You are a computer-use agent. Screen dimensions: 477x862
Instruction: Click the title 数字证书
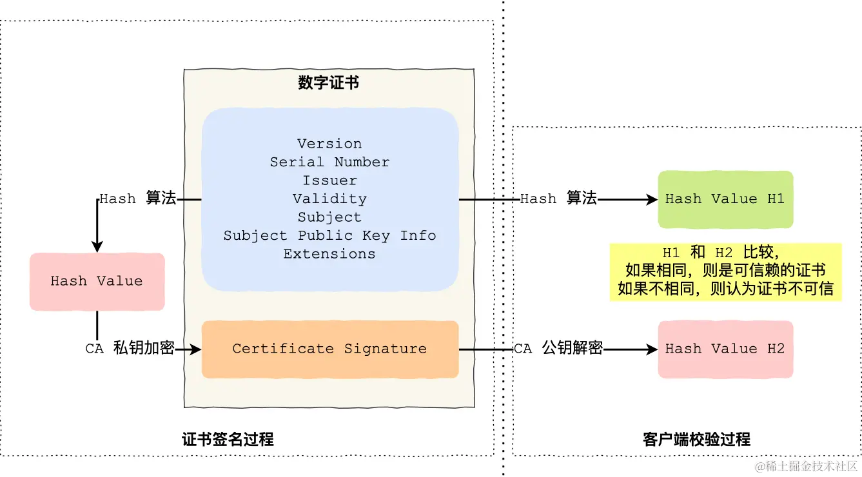[329, 83]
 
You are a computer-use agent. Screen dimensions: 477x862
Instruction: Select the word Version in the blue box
[329, 144]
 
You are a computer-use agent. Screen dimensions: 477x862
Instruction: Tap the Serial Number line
[329, 162]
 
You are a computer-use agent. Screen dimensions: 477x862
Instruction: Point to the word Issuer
[329, 180]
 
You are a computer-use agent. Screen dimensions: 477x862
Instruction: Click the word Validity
[329, 199]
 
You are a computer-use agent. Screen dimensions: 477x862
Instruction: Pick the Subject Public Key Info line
[329, 235]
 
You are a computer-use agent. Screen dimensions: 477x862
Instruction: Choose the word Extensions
[329, 254]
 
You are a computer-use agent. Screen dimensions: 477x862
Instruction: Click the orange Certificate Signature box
[329, 349]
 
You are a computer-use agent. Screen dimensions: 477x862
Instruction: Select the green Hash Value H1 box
[725, 199]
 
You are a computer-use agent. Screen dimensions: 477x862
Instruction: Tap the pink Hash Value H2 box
[725, 349]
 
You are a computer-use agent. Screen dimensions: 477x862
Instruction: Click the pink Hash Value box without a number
[97, 281]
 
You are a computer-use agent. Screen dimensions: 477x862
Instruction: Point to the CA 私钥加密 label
[130, 349]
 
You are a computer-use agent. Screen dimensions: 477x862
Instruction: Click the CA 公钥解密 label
[558, 349]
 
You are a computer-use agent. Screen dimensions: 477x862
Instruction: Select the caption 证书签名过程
[228, 440]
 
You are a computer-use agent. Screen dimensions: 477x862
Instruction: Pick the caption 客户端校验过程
[697, 440]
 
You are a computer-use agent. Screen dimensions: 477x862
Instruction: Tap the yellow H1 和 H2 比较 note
[725, 271]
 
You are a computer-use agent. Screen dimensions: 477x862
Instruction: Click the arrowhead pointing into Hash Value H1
[652, 200]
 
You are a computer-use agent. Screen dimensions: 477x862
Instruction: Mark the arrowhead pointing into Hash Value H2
[652, 350]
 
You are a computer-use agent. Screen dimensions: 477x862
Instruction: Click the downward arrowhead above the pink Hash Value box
[97, 247]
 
